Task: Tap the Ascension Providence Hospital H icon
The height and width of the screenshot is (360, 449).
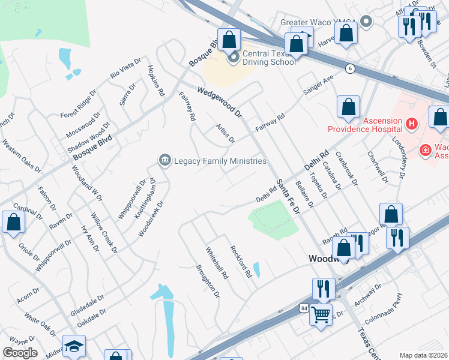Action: [412, 124]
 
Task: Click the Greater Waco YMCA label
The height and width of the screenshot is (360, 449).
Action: [318, 23]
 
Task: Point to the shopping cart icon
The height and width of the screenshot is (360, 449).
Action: [321, 314]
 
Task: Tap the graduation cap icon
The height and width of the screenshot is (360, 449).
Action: [74, 346]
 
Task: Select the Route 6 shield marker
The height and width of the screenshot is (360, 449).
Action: [349, 69]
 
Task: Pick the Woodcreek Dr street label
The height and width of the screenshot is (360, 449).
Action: [149, 215]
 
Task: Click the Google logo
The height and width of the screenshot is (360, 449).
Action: [19, 353]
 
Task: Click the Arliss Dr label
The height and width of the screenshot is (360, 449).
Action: [225, 133]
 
